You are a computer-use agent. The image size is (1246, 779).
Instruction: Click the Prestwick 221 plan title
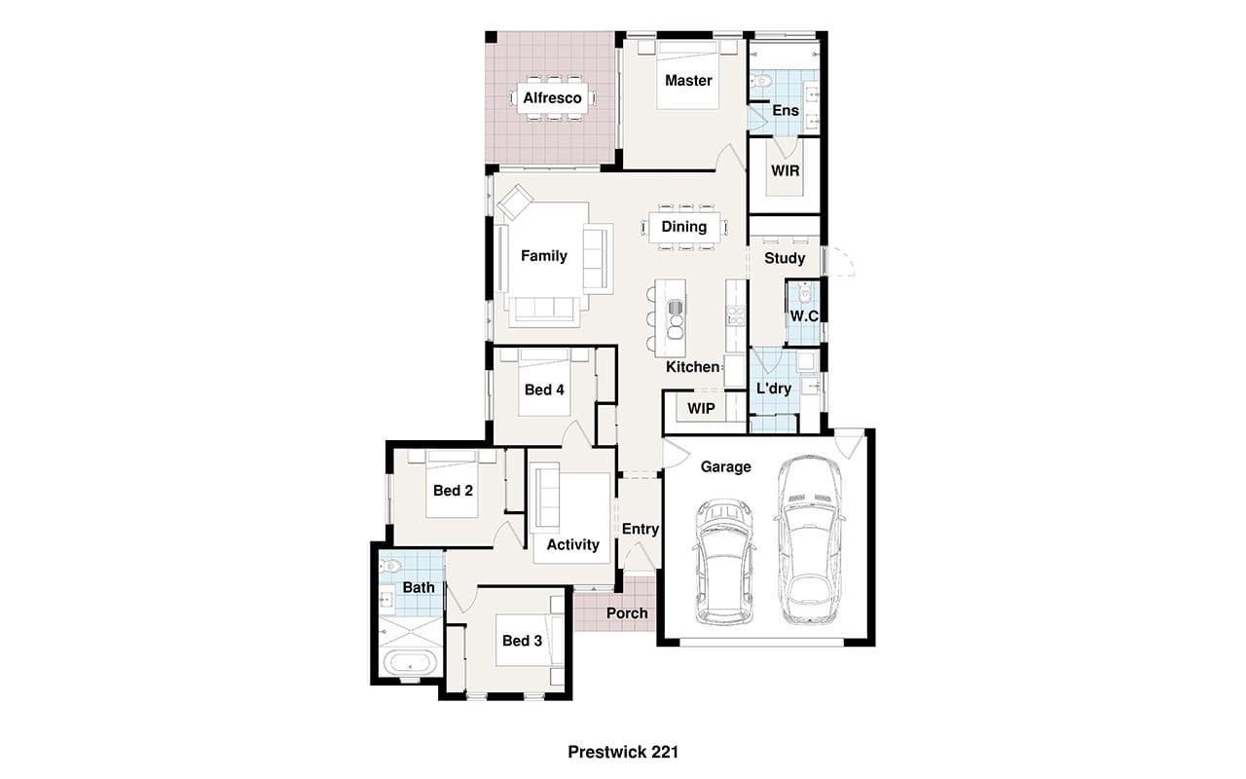623,753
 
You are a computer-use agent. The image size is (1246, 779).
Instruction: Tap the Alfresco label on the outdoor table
552,98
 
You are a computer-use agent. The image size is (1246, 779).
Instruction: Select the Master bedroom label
688,81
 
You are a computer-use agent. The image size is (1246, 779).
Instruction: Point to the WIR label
785,170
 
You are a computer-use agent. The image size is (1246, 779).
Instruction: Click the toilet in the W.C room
804,293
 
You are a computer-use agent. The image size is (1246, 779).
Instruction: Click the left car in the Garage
724,562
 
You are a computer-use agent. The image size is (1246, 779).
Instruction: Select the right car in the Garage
809,539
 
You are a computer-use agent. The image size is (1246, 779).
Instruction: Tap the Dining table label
683,227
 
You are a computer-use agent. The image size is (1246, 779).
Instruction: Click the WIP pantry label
701,409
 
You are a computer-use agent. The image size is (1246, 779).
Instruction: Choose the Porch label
627,613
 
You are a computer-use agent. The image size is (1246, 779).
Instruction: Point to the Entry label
641,529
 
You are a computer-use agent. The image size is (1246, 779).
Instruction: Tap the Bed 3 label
522,641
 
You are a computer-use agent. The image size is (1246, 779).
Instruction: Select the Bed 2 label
453,491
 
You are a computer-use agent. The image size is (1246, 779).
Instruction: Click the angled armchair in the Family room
516,202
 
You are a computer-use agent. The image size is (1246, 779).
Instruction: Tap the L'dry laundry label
774,389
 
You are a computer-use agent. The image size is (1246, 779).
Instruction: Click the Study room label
785,258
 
